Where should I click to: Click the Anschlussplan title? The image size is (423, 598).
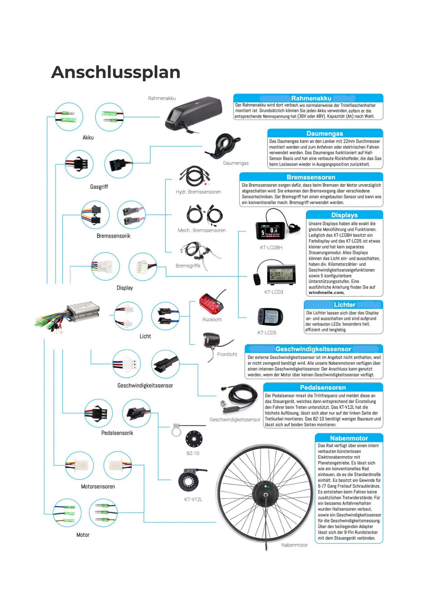tap(115, 72)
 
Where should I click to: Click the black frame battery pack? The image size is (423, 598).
tap(193, 114)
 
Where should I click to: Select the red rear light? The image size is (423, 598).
tap(211, 304)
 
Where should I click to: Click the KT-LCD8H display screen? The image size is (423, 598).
tap(270, 230)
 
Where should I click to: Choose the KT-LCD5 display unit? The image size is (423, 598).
tap(270, 317)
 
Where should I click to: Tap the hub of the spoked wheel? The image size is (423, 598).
tap(265, 494)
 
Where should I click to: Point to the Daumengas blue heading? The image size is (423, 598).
tap(325, 134)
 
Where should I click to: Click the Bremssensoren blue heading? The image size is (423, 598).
tap(311, 177)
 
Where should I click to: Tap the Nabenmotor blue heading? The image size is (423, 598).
tap(349, 438)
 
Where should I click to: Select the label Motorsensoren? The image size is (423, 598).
tap(98, 486)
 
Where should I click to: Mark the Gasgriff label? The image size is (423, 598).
tap(99, 187)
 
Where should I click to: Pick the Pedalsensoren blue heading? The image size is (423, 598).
tap(323, 387)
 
